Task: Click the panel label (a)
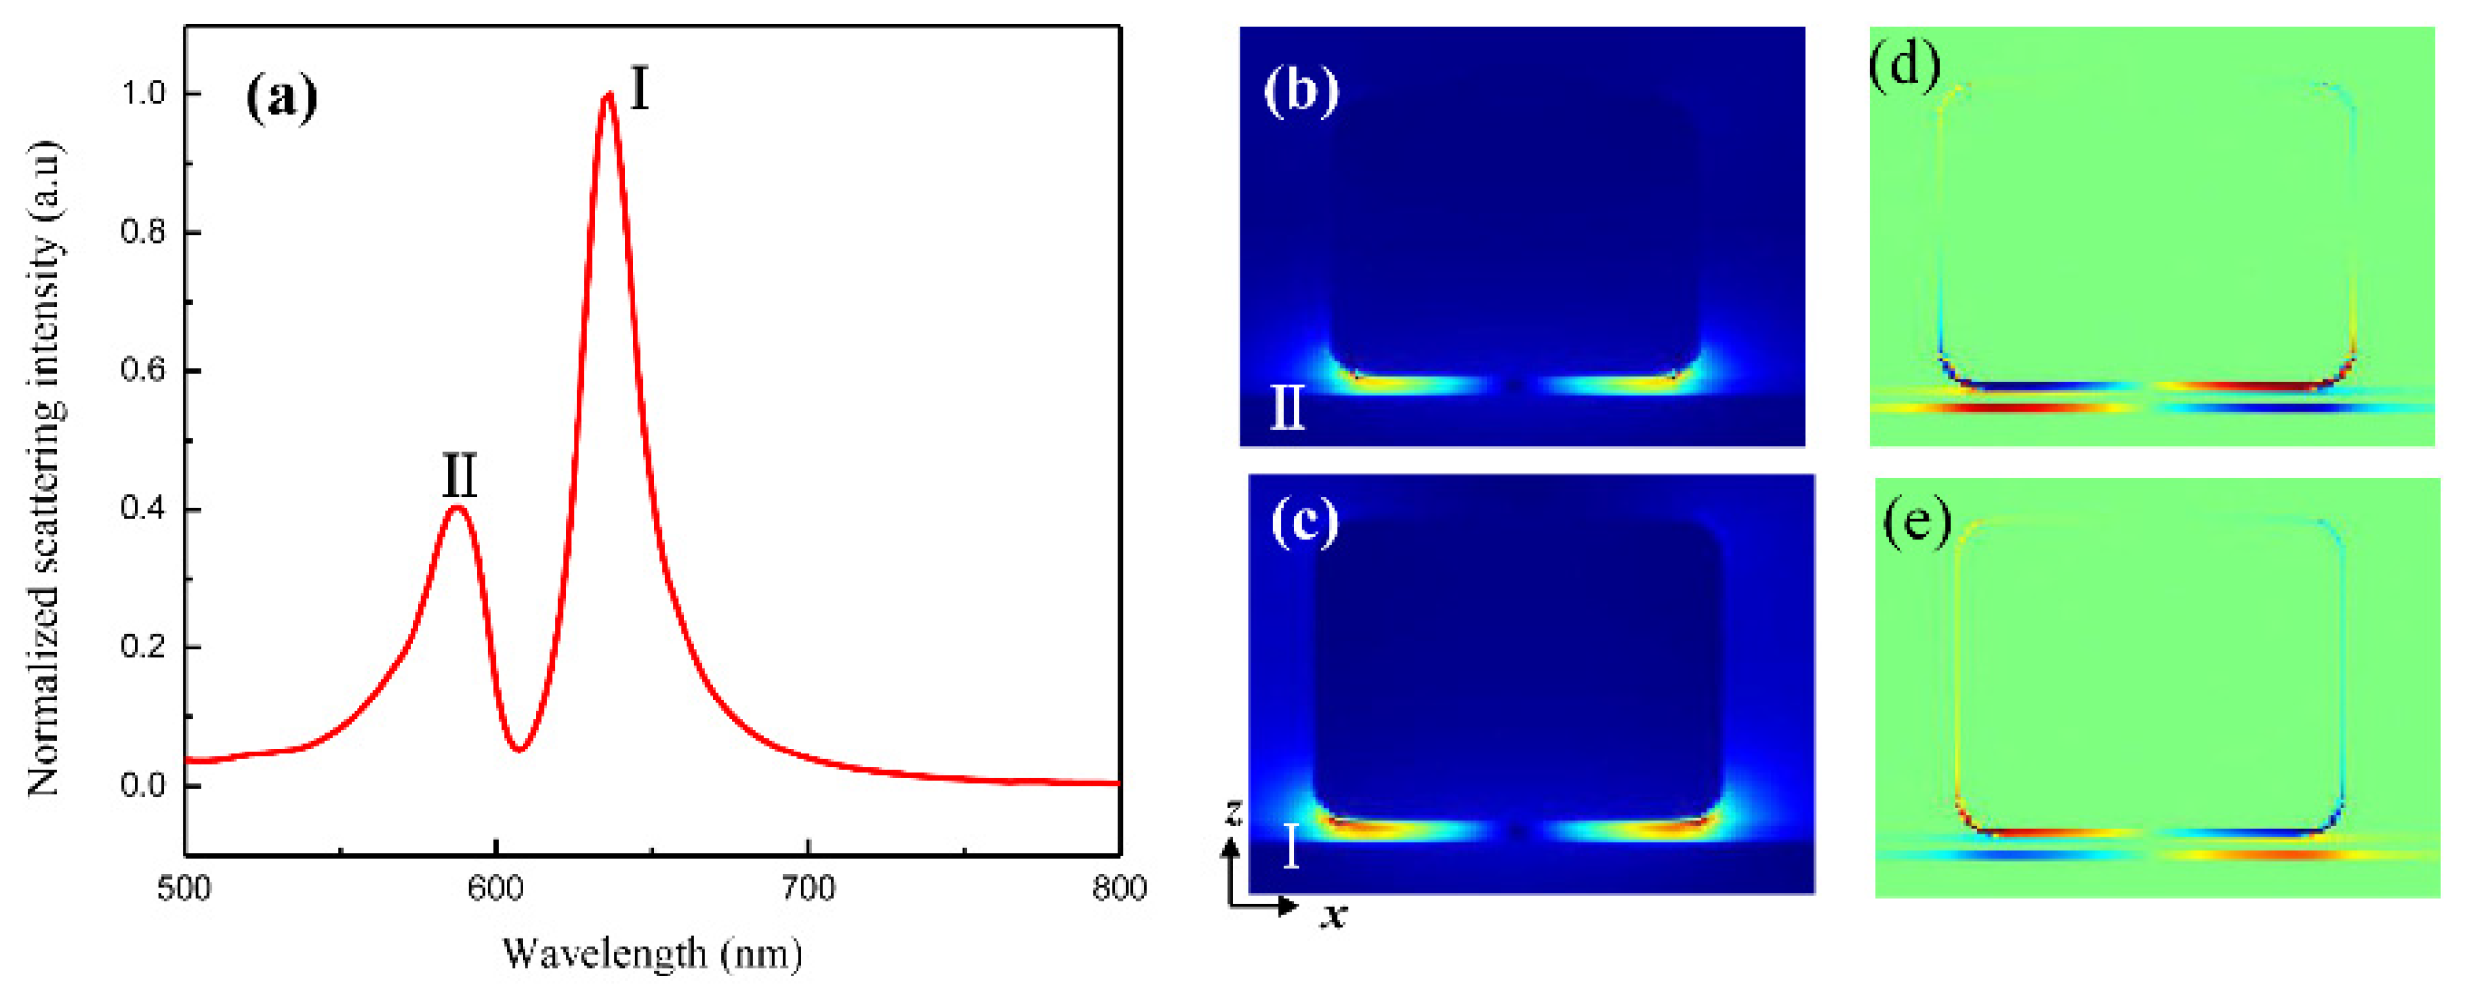(x=282, y=98)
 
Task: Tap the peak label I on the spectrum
(x=639, y=88)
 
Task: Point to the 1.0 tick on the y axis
(x=143, y=93)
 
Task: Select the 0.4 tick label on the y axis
(x=143, y=509)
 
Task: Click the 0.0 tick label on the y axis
(x=143, y=786)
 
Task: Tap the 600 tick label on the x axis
(x=496, y=889)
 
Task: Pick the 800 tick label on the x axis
(x=1120, y=889)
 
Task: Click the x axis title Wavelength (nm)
(x=652, y=954)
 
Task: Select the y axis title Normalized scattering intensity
(x=44, y=470)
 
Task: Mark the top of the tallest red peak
(x=609, y=95)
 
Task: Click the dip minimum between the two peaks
(x=520, y=750)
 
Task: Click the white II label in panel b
(x=1288, y=408)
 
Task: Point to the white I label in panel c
(x=1292, y=846)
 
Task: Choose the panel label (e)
(x=1916, y=521)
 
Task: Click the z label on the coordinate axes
(x=1234, y=811)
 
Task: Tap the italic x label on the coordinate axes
(x=1333, y=916)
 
